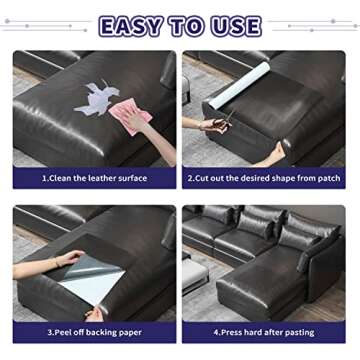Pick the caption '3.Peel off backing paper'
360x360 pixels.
coord(94,333)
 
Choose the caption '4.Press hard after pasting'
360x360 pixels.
coord(264,333)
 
